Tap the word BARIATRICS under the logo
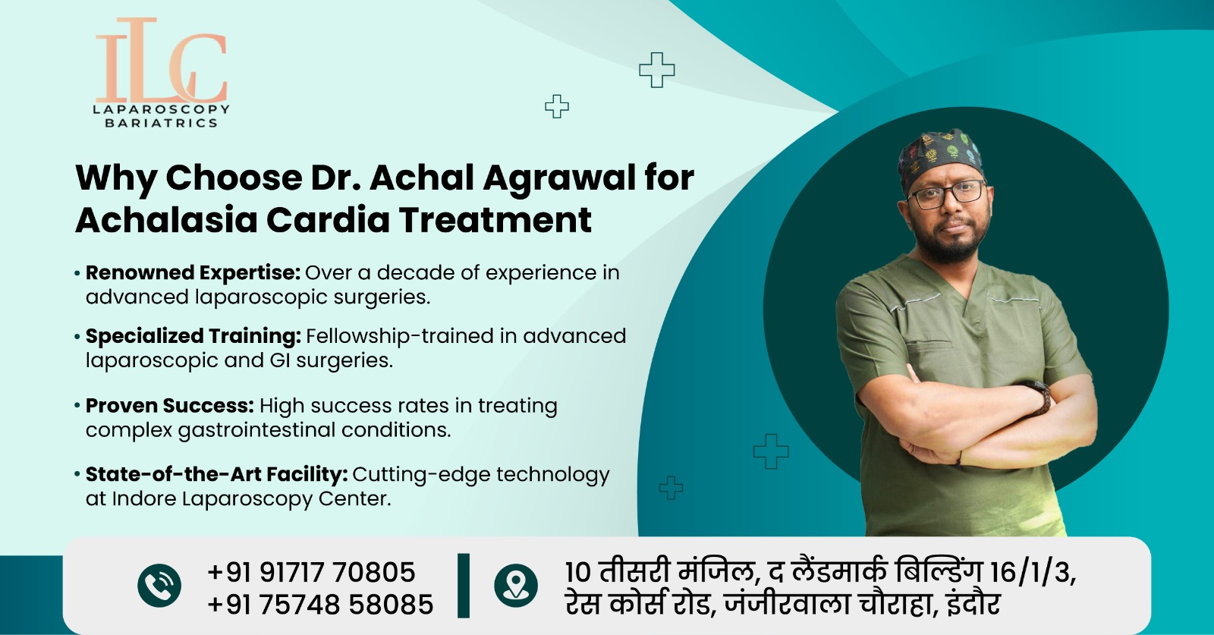(x=161, y=123)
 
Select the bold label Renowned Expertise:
(x=193, y=272)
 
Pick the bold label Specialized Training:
(x=193, y=335)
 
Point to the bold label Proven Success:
(x=169, y=405)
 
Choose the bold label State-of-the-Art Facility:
(x=216, y=474)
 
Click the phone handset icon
(x=159, y=586)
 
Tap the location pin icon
(x=516, y=586)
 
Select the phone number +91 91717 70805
(x=311, y=572)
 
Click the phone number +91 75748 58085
(x=320, y=605)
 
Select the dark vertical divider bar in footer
(x=464, y=586)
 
